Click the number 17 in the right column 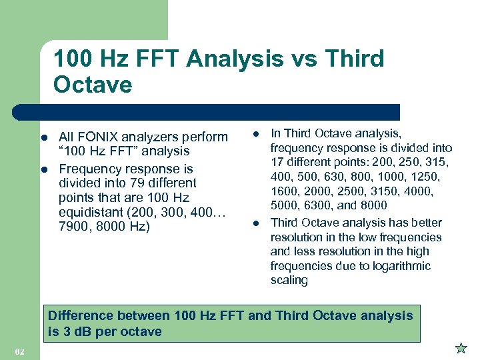277,163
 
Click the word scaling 289,281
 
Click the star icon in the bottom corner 460,348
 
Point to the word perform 204,137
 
